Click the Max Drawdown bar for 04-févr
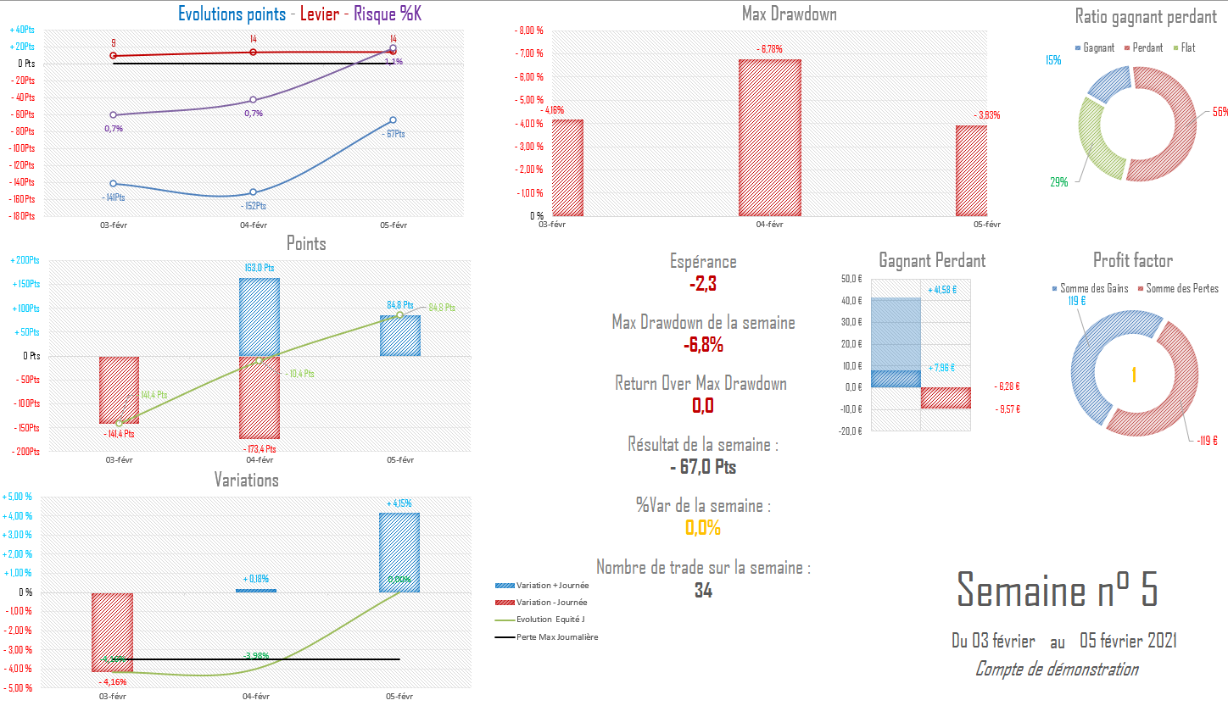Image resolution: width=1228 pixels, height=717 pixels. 770,137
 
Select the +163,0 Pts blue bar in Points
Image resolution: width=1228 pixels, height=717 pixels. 260,316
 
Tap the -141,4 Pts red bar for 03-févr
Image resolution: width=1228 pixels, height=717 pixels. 119,390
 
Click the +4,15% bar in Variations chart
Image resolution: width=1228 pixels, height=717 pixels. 399,552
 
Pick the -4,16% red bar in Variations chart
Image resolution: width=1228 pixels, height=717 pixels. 112,632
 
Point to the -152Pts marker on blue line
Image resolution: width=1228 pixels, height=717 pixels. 253,192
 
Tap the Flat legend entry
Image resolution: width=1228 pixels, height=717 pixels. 1188,48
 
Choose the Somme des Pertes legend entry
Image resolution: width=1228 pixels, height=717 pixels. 1181,289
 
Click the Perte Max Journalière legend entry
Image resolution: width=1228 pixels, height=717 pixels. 556,637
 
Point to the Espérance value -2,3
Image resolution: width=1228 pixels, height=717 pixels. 703,284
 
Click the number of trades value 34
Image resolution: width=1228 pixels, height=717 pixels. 703,591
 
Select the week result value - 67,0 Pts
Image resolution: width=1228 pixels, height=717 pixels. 703,467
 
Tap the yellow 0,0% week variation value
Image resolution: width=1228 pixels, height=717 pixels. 703,528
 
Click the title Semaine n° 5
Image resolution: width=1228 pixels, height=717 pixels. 1057,590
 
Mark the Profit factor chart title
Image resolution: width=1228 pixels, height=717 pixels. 1132,261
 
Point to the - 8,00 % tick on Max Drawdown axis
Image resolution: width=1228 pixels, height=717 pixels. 529,31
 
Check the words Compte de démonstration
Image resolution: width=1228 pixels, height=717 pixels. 1057,670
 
